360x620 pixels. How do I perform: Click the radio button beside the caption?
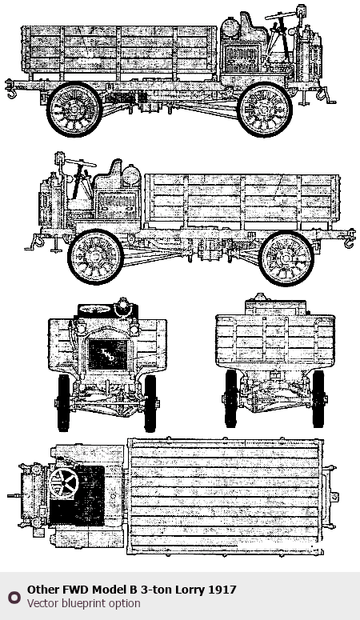[x=14, y=597]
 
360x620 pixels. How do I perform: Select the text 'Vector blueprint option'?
[x=83, y=603]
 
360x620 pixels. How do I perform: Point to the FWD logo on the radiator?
[x=108, y=354]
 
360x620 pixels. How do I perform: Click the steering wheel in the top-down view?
[x=63, y=482]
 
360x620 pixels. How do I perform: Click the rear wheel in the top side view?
[x=74, y=109]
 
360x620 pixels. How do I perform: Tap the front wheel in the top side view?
[x=264, y=109]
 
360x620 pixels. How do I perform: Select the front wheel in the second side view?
[x=95, y=257]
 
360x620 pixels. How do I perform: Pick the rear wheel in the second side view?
[x=286, y=258]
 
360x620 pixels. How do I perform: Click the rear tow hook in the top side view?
[x=10, y=90]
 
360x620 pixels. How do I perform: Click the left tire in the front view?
[x=64, y=402]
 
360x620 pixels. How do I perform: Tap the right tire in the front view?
[x=150, y=403]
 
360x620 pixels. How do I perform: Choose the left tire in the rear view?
[x=231, y=398]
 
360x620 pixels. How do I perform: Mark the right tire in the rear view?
[x=318, y=398]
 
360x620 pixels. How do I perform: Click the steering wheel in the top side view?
[x=280, y=16]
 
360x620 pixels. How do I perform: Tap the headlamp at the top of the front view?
[x=123, y=306]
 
